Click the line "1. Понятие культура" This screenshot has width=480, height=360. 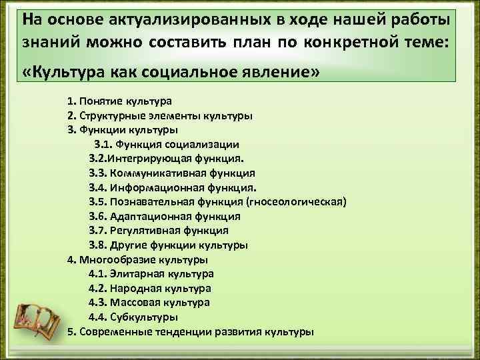pyautogui.click(x=119, y=101)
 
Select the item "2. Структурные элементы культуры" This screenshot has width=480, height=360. pyautogui.click(x=159, y=115)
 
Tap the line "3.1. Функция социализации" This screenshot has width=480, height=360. pyautogui.click(x=167, y=144)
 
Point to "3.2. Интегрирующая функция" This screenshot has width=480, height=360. pyautogui.click(x=167, y=159)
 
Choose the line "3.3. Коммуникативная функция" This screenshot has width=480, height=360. pyautogui.click(x=171, y=173)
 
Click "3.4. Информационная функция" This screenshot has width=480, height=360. pyautogui.click(x=172, y=187)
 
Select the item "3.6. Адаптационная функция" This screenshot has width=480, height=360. pyautogui.click(x=165, y=216)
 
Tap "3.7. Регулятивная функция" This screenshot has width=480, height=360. pyautogui.click(x=158, y=230)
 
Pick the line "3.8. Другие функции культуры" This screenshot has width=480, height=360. pyautogui.click(x=168, y=245)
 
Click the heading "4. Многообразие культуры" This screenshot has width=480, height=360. pyautogui.click(x=137, y=259)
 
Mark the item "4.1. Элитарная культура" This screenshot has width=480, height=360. pyautogui.click(x=151, y=273)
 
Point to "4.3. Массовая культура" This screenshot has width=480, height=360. pyautogui.click(x=149, y=302)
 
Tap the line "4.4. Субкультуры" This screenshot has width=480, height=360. pyautogui.click(x=133, y=317)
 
